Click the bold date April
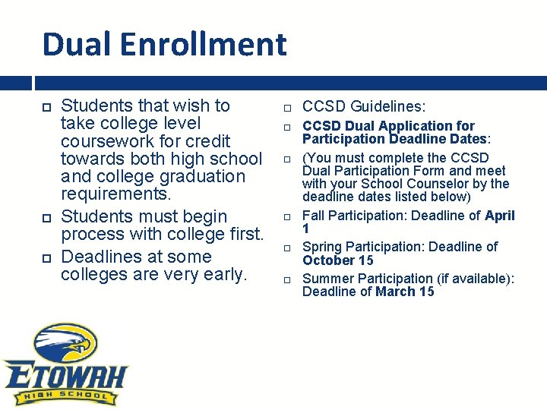tap(500, 216)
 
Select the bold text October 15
tap(338, 260)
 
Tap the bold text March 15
tap(405, 292)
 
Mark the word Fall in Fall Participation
tap(315, 216)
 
